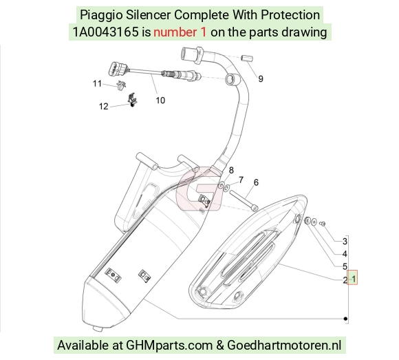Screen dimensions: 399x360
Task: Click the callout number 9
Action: click(x=261, y=79)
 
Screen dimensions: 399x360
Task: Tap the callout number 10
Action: click(x=160, y=100)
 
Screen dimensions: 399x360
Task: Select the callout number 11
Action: click(x=97, y=83)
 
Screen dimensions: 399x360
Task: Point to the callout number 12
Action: click(x=104, y=106)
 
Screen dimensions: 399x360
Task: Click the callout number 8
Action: click(x=231, y=170)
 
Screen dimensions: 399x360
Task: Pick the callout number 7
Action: click(x=241, y=180)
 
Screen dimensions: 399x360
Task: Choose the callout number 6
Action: click(x=256, y=182)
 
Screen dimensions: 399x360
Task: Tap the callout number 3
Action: click(x=345, y=241)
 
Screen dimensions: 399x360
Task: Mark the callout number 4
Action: click(x=345, y=254)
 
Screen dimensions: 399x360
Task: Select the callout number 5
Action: click(x=345, y=266)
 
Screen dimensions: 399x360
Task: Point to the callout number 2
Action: click(x=345, y=280)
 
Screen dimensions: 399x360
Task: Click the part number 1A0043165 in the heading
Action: click(x=106, y=32)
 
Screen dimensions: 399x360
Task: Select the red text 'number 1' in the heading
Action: click(x=180, y=32)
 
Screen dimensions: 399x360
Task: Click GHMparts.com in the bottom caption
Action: click(x=169, y=346)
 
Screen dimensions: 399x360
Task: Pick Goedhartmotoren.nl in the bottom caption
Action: click(x=284, y=346)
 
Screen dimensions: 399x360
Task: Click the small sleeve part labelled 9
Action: click(x=247, y=58)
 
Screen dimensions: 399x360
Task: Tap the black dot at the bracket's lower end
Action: click(x=345, y=319)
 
